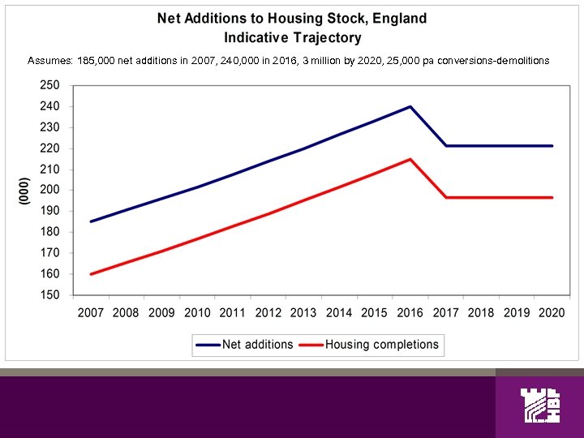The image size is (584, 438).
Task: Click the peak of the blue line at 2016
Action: (x=410, y=106)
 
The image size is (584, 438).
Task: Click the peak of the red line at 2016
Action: (x=410, y=159)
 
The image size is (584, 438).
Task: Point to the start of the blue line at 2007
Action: (x=90, y=221)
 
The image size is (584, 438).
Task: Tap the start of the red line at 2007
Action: (x=90, y=274)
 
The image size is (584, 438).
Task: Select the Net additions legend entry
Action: (x=244, y=344)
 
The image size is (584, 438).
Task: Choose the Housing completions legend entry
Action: (x=370, y=344)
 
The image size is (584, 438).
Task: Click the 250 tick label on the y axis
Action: (x=49, y=85)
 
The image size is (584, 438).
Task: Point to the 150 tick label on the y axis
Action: (x=49, y=295)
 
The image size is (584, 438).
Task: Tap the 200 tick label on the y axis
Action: (x=49, y=191)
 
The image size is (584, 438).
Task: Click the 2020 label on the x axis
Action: (x=552, y=313)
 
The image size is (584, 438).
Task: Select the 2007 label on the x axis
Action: (x=91, y=313)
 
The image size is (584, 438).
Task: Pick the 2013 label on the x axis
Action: (x=303, y=313)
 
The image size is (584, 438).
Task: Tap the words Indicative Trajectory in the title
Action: (x=292, y=37)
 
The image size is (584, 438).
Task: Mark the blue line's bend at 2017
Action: (x=446, y=146)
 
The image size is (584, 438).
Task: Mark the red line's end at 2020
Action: (x=552, y=197)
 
